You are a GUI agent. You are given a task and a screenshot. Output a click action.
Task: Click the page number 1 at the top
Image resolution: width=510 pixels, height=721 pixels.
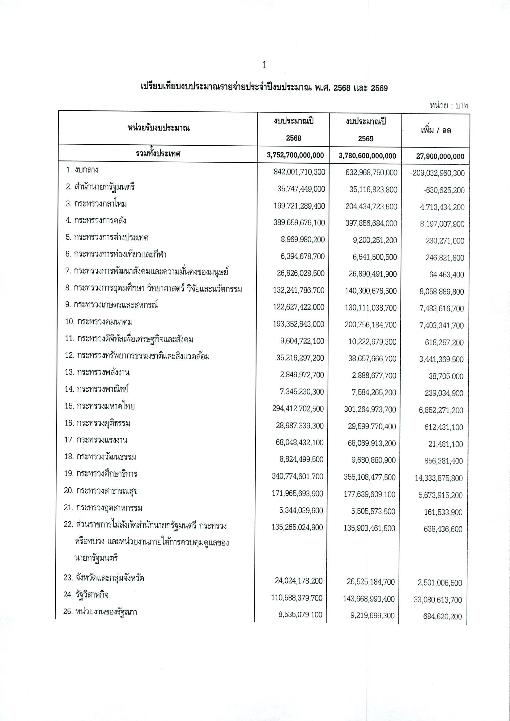(264, 65)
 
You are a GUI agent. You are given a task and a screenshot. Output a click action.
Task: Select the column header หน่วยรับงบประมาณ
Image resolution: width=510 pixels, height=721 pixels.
(158, 128)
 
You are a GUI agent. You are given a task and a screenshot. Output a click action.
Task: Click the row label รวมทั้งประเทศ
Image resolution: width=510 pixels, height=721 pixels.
(158, 154)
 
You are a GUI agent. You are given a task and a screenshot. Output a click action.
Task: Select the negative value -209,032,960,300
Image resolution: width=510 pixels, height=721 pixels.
(437, 173)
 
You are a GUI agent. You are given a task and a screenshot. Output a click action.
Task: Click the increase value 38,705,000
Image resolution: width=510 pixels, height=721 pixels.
(446, 376)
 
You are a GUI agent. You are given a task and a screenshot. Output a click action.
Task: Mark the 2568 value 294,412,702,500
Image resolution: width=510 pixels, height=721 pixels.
(298, 409)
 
